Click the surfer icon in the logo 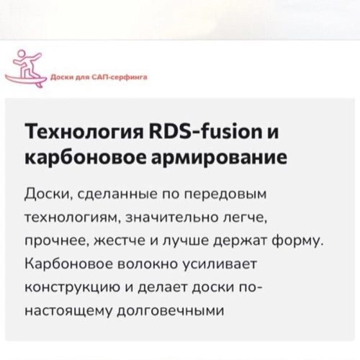point(26,69)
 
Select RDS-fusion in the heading point(206,131)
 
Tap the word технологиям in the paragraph point(73,218)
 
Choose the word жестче point(119,241)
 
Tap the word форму point(297,242)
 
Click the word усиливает point(220,265)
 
